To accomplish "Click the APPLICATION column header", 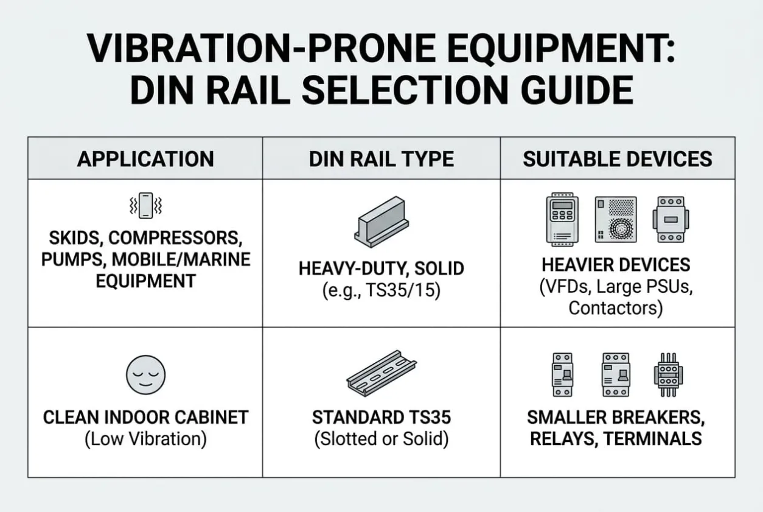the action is pyautogui.click(x=145, y=159).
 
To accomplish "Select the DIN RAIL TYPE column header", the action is pyautogui.click(x=381, y=159).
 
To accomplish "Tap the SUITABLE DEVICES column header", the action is pyautogui.click(x=618, y=159).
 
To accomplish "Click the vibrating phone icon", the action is pyautogui.click(x=146, y=206).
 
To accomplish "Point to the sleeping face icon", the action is pyautogui.click(x=146, y=375).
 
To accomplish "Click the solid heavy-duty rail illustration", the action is pyautogui.click(x=381, y=222).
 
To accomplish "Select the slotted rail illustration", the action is pyautogui.click(x=381, y=373).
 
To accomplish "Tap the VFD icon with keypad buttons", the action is pyautogui.click(x=562, y=219).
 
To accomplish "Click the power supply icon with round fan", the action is pyautogui.click(x=616, y=220).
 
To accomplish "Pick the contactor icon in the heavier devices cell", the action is pyautogui.click(x=671, y=220).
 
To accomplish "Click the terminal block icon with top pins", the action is pyautogui.click(x=668, y=375).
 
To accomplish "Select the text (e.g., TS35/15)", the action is pyautogui.click(x=381, y=290).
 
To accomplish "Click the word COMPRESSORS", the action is pyautogui.click(x=175, y=238).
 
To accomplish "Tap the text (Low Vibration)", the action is pyautogui.click(x=146, y=439).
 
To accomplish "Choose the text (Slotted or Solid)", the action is pyautogui.click(x=381, y=439).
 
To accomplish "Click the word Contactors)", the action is pyautogui.click(x=616, y=308).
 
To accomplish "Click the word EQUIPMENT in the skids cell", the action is pyautogui.click(x=146, y=281).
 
